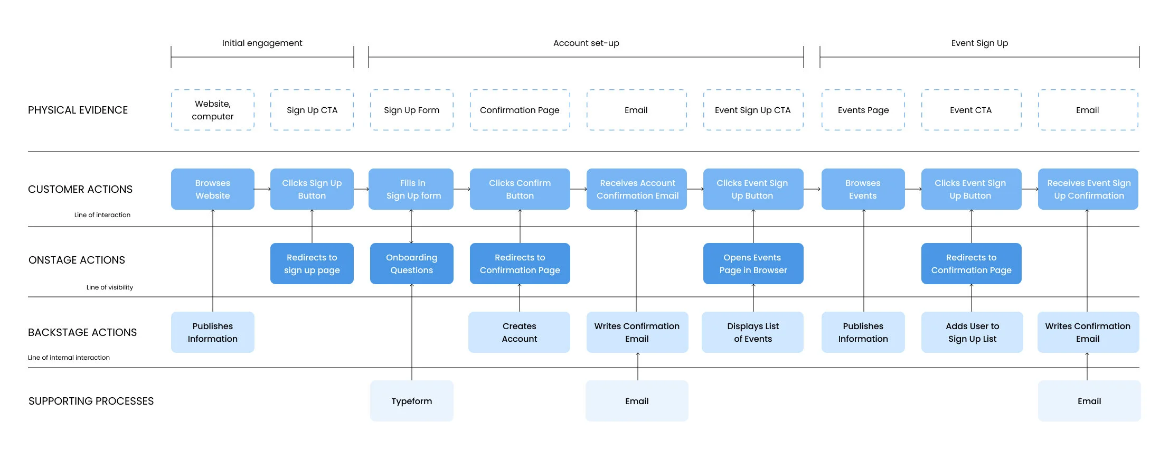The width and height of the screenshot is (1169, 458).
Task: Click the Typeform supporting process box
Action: [411, 401]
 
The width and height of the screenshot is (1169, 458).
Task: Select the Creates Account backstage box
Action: [519, 332]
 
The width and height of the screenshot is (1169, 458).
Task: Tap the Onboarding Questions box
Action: [411, 264]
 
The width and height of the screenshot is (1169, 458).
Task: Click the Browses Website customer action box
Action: [212, 189]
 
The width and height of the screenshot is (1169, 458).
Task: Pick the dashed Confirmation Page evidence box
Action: [520, 110]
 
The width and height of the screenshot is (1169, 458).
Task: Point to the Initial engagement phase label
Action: [262, 43]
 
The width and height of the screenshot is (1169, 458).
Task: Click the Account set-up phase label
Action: [586, 43]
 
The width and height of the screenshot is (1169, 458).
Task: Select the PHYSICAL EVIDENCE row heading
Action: [78, 110]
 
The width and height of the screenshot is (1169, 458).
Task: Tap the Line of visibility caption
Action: [110, 287]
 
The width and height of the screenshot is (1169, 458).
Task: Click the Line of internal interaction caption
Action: [69, 358]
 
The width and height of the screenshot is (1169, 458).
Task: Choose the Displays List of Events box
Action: [752, 332]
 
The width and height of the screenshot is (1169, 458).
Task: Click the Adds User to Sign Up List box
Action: [972, 332]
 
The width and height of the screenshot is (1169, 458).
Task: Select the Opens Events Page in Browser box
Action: [753, 264]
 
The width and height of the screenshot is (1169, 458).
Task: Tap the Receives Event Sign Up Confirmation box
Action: [1088, 189]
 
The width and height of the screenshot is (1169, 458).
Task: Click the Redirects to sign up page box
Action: [312, 264]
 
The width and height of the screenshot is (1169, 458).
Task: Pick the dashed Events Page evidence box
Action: [863, 110]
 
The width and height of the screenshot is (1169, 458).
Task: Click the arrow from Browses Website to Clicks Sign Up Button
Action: [262, 189]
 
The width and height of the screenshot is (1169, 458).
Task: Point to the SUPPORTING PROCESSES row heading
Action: [91, 401]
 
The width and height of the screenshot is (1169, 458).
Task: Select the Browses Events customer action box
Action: [863, 189]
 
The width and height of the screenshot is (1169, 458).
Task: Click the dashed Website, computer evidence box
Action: [212, 110]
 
